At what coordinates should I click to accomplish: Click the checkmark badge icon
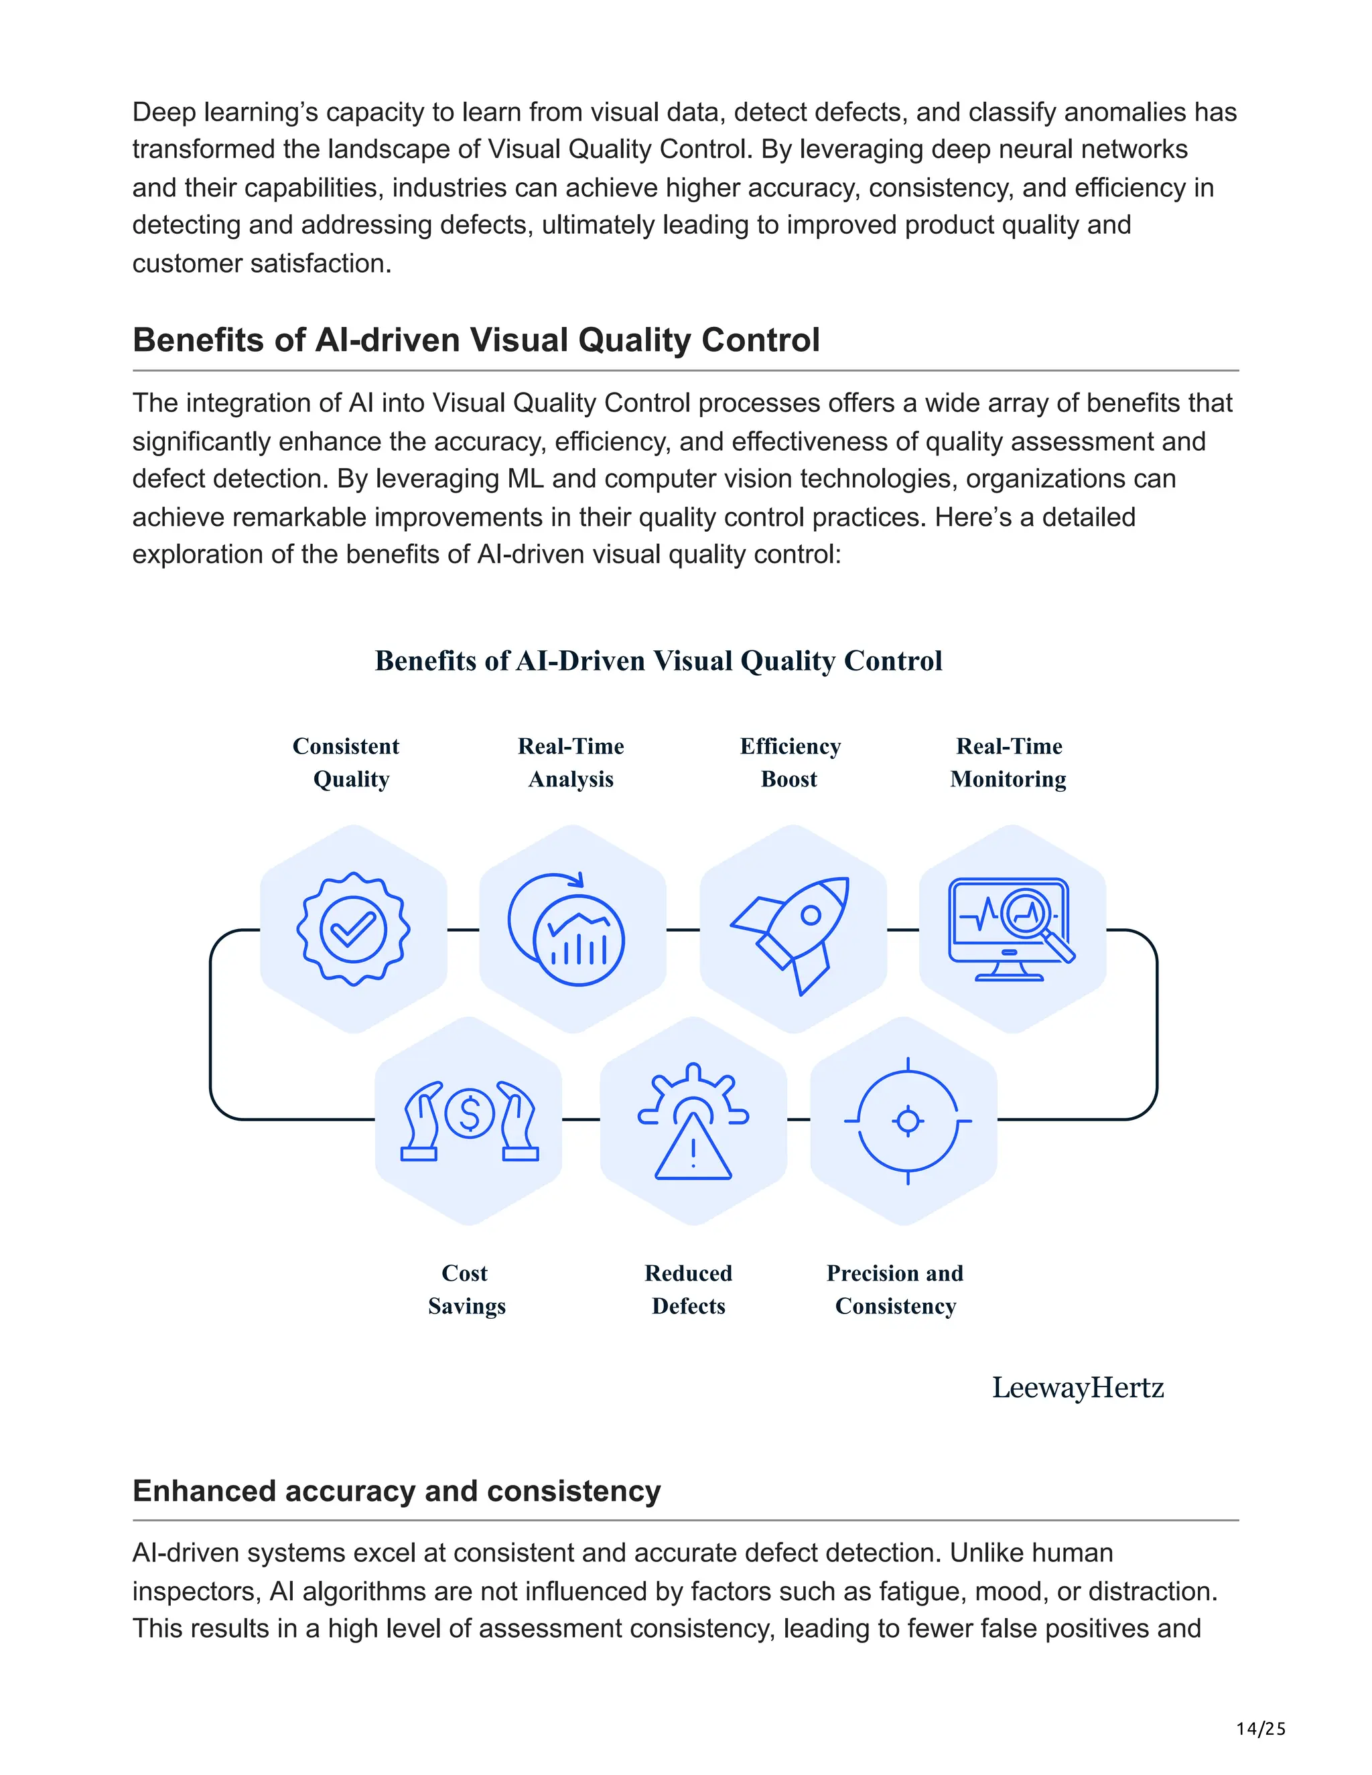click(353, 929)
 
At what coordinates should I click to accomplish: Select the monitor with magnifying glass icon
click(1010, 929)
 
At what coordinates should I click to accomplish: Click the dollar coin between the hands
click(470, 1113)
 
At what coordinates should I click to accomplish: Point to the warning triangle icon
click(693, 1146)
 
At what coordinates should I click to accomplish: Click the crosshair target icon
click(908, 1121)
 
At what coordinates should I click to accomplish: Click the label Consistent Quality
click(348, 762)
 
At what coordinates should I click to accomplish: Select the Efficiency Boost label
click(790, 762)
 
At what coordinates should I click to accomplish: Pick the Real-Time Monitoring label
click(1009, 762)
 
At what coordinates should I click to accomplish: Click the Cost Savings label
click(466, 1289)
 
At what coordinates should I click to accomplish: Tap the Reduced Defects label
click(689, 1289)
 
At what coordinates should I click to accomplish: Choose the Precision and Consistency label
click(895, 1289)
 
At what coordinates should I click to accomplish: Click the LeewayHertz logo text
click(1078, 1387)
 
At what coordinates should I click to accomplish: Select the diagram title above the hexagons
click(659, 660)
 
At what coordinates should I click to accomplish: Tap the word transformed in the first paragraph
click(204, 149)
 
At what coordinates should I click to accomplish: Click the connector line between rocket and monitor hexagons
click(902, 929)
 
